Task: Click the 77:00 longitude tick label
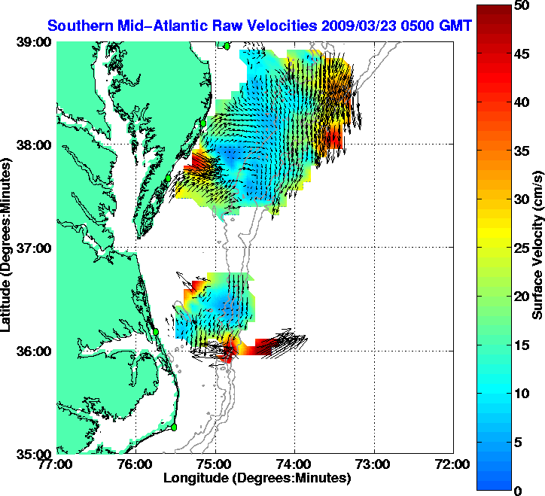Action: click(57, 464)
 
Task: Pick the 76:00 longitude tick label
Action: click(136, 464)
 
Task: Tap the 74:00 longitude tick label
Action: click(294, 464)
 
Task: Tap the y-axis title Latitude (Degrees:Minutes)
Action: click(8, 248)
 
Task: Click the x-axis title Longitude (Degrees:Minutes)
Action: click(256, 478)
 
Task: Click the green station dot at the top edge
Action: click(226, 45)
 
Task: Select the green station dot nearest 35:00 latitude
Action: click(173, 427)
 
